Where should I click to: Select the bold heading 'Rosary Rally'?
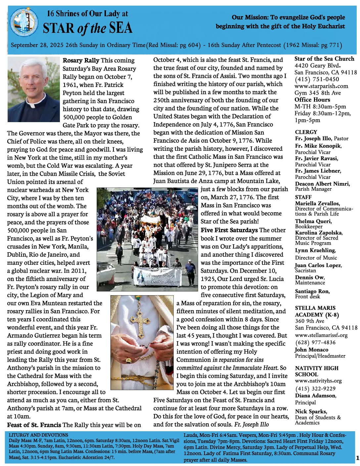point(81,61)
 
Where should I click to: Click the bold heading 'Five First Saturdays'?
point(229,230)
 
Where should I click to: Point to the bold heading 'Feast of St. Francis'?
point(34,425)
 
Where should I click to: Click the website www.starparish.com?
point(321,86)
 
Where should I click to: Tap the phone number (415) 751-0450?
point(317,79)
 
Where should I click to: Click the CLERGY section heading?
point(306,132)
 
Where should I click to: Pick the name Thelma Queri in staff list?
point(313,221)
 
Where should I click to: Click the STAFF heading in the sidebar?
point(303,197)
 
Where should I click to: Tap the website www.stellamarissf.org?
point(321,335)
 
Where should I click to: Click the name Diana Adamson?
point(315,396)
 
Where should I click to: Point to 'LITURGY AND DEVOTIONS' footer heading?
point(38,435)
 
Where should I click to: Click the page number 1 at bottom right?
point(357,458)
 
